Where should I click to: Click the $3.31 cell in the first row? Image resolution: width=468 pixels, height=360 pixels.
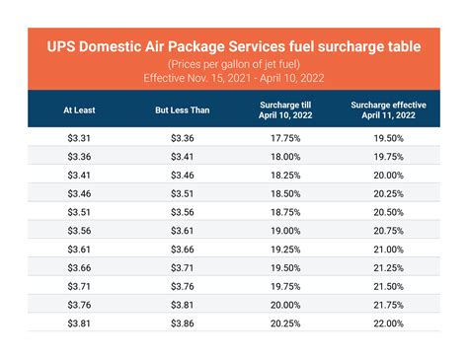78,139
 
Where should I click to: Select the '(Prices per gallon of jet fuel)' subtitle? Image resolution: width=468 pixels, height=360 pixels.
233,63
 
